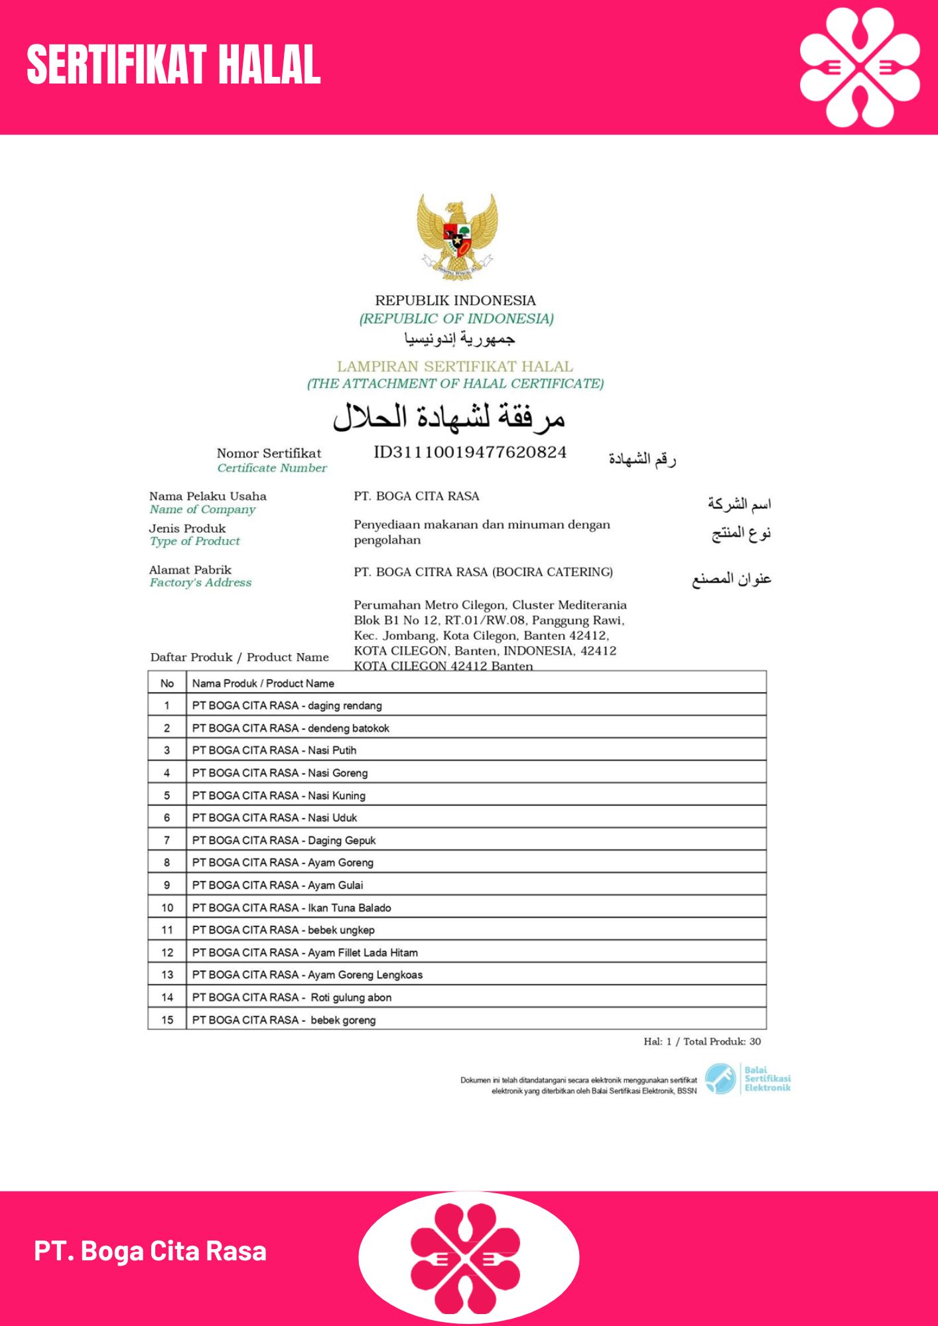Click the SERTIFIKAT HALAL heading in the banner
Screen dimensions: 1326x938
pos(174,65)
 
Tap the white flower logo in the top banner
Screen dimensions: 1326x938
pos(860,67)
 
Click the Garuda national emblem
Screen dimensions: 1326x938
pos(457,236)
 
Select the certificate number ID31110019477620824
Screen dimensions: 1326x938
pos(470,453)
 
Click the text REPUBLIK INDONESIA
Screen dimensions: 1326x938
pos(456,300)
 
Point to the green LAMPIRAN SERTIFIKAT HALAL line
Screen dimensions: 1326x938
pos(455,367)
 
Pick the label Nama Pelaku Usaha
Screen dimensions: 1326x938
pos(208,496)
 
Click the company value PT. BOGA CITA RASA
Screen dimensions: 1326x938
pos(417,496)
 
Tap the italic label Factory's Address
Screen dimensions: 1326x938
pos(200,583)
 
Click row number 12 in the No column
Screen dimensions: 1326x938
pos(167,953)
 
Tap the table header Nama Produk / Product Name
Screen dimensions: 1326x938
pos(263,684)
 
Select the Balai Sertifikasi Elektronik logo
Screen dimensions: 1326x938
pos(748,1079)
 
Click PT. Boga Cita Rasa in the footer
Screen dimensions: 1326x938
pos(151,1251)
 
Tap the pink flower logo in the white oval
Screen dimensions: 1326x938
pos(466,1258)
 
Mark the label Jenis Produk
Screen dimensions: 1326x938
pos(188,528)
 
